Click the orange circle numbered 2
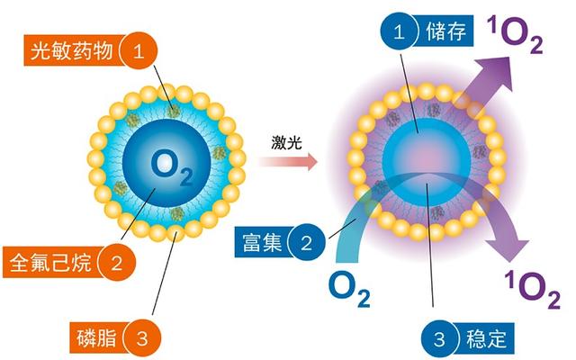pos(115,263)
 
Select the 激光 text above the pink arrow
pos(285,142)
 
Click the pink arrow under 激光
pos(285,163)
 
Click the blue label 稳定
pos(490,339)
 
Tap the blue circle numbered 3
pos(442,339)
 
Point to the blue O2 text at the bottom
pos(348,289)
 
